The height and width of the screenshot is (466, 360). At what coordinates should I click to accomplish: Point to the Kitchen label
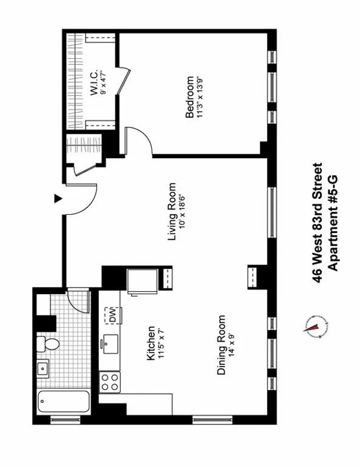(x=150, y=343)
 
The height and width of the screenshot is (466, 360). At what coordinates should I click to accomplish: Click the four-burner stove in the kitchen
(x=110, y=382)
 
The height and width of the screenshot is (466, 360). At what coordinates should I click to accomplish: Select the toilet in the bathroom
(x=48, y=345)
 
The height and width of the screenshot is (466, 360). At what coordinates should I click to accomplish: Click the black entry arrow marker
(x=58, y=198)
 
